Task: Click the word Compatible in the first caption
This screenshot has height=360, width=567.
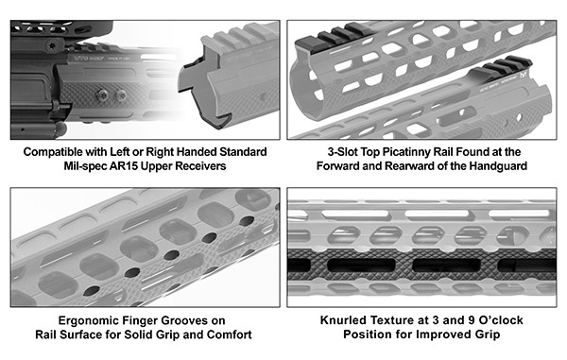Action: (x=48, y=152)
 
